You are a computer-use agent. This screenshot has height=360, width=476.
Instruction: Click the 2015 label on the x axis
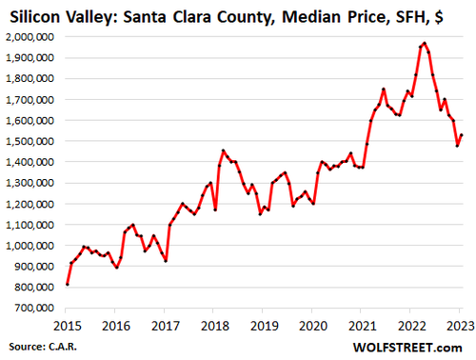coord(67,324)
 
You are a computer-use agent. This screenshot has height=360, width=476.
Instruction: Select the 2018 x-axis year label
coord(214,324)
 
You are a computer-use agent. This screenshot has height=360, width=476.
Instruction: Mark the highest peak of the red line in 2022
coord(424,43)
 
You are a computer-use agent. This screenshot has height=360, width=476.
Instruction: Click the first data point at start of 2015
coord(67,284)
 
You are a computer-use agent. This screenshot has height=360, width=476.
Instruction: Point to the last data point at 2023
coord(462,135)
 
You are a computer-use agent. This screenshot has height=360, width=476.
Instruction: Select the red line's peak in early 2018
coord(223,150)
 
